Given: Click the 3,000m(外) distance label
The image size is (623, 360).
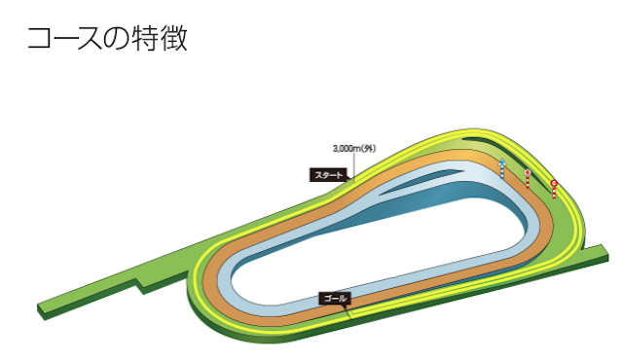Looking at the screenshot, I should (353, 149).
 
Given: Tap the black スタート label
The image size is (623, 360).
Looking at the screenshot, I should (328, 176).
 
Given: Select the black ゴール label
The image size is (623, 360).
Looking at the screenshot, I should (333, 298).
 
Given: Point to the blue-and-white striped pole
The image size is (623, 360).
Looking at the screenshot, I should (502, 168).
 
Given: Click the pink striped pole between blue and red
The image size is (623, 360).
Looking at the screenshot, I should (527, 179).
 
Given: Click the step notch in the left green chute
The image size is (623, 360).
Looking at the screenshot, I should (143, 286).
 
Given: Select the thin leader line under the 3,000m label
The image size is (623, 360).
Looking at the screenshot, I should (354, 165).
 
